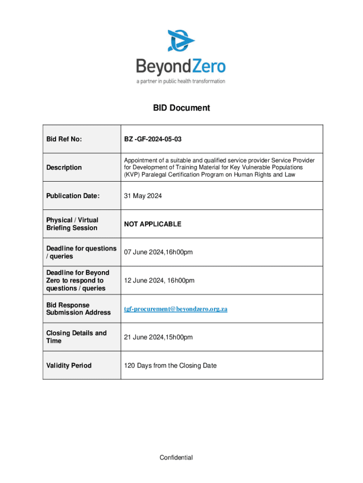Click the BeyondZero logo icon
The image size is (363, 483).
click(x=181, y=41)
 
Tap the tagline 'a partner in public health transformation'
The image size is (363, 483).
click(x=181, y=81)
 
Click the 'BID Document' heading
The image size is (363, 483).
click(x=181, y=108)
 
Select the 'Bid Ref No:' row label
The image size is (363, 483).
click(x=64, y=139)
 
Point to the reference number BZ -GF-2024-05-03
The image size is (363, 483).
click(x=153, y=139)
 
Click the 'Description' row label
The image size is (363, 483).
click(x=64, y=167)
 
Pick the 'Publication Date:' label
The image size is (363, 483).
click(x=73, y=196)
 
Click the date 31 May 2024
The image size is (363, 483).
click(x=143, y=196)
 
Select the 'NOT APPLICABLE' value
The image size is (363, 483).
click(x=152, y=224)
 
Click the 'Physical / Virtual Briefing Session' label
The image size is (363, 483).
click(x=72, y=224)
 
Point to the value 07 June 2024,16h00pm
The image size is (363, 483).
click(x=158, y=252)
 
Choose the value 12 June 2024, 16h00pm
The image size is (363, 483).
click(x=159, y=281)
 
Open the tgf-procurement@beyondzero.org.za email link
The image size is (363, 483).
click(x=176, y=309)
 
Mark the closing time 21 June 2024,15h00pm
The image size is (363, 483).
click(x=158, y=337)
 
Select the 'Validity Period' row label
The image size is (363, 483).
click(x=69, y=366)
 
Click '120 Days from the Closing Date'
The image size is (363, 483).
click(x=170, y=366)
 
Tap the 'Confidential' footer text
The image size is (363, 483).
click(x=176, y=458)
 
